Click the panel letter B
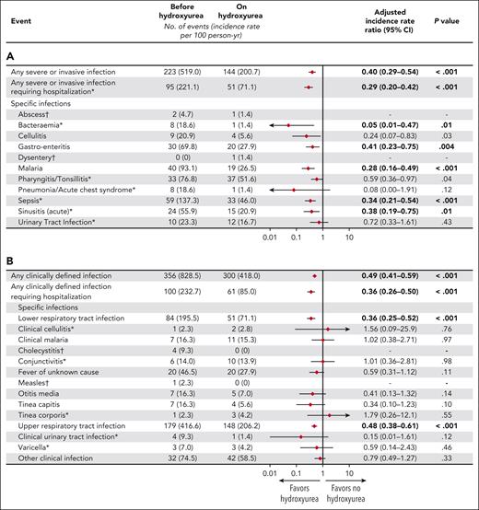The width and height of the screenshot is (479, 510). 10,260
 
